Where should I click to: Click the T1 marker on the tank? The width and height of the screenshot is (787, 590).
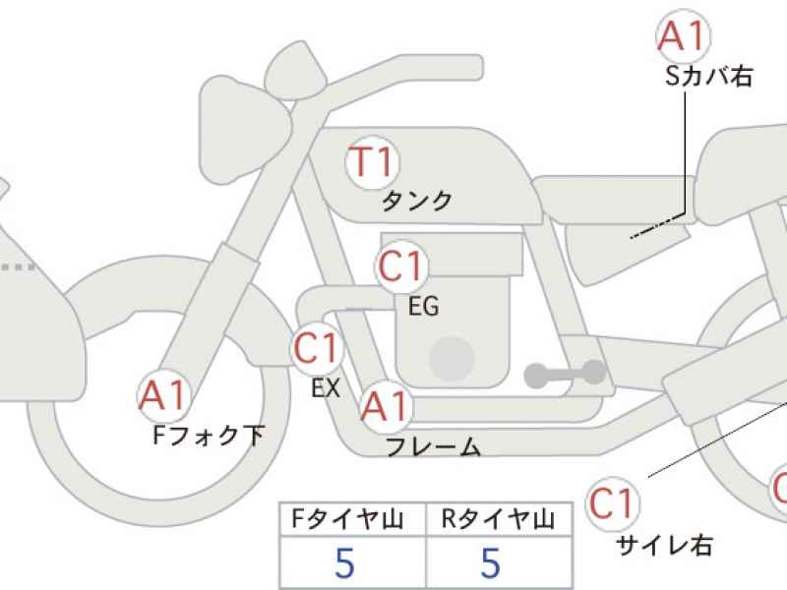(x=373, y=162)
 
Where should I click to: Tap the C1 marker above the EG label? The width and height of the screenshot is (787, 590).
(x=401, y=266)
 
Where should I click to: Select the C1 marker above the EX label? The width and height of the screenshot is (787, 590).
(x=317, y=348)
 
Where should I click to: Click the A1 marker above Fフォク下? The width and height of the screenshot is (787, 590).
(x=163, y=396)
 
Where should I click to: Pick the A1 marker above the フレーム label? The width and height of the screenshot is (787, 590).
(x=386, y=406)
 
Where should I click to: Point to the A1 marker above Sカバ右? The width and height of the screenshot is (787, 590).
(x=683, y=36)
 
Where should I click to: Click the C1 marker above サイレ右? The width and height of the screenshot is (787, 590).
(x=613, y=503)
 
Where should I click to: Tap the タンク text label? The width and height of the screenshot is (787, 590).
(x=417, y=202)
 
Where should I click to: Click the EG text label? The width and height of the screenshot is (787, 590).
(x=424, y=306)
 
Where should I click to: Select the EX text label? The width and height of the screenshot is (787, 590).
(x=326, y=387)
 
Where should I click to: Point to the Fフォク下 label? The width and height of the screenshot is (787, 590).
(x=209, y=435)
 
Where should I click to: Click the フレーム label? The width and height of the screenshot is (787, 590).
(x=434, y=446)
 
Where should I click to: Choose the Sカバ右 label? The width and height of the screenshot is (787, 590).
(x=708, y=77)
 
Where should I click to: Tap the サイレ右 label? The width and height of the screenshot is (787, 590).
(x=665, y=545)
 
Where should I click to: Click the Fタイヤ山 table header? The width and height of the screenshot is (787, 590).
(x=348, y=519)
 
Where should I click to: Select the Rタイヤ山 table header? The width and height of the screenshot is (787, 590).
(x=499, y=519)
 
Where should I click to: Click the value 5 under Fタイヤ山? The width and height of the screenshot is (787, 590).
(x=345, y=562)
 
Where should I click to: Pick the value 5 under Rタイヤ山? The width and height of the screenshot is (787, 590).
(x=490, y=562)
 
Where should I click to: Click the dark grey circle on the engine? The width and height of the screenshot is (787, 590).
(x=453, y=359)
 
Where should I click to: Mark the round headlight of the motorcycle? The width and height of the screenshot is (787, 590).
(x=245, y=130)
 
